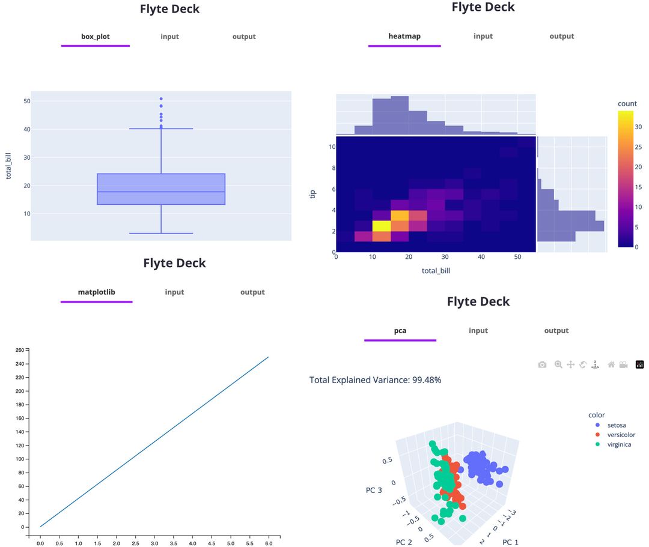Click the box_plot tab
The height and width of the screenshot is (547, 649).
click(x=96, y=37)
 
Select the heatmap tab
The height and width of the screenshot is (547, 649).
click(x=404, y=36)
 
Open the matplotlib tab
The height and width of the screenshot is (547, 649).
click(x=96, y=292)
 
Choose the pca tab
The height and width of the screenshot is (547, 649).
click(x=400, y=331)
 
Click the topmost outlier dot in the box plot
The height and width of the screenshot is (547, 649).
click(x=161, y=98)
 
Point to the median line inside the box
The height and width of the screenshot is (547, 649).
click(x=161, y=192)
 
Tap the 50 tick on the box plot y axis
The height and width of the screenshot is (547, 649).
click(x=27, y=101)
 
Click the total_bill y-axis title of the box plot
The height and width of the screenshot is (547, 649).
click(x=9, y=165)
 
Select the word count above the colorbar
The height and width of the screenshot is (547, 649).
click(x=627, y=104)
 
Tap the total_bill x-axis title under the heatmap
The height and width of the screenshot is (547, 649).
click(x=436, y=271)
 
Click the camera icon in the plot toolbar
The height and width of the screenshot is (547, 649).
click(x=542, y=364)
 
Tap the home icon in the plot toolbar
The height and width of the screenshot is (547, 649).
click(x=611, y=364)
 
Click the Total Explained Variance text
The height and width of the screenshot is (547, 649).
click(x=375, y=380)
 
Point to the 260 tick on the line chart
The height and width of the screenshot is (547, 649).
click(x=19, y=350)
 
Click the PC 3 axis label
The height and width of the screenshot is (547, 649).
click(x=373, y=491)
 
